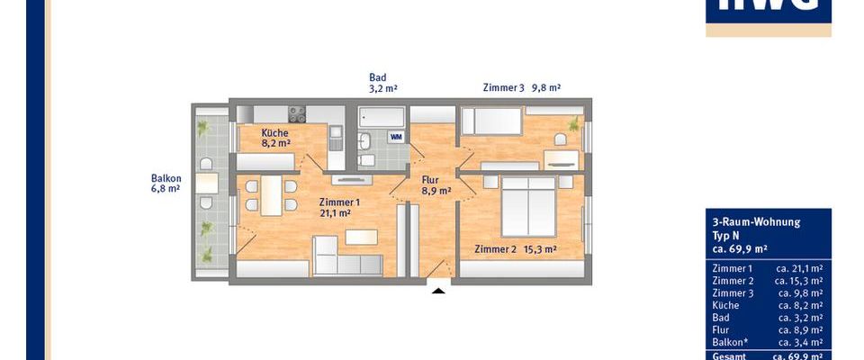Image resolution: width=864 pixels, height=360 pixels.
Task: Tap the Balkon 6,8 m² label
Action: [166, 184]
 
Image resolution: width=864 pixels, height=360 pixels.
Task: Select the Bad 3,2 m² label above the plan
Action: [383, 84]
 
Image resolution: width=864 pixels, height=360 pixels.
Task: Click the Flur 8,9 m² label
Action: [436, 185]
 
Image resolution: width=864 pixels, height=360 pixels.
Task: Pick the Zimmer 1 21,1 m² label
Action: [340, 208]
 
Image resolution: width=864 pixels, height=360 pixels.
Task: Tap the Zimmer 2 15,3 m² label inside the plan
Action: [515, 249]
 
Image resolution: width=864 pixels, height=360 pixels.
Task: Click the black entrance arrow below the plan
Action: [438, 289]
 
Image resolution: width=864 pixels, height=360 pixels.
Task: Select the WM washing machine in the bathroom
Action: [395, 137]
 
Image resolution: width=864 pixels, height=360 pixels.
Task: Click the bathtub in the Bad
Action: [381, 117]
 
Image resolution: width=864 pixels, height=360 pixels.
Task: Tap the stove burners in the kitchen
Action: [296, 114]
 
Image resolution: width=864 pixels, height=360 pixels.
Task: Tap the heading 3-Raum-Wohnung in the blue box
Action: [742, 221]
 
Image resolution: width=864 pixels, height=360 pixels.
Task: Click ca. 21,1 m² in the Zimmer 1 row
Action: [798, 268]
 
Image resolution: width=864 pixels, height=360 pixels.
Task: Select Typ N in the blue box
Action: [725, 234]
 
